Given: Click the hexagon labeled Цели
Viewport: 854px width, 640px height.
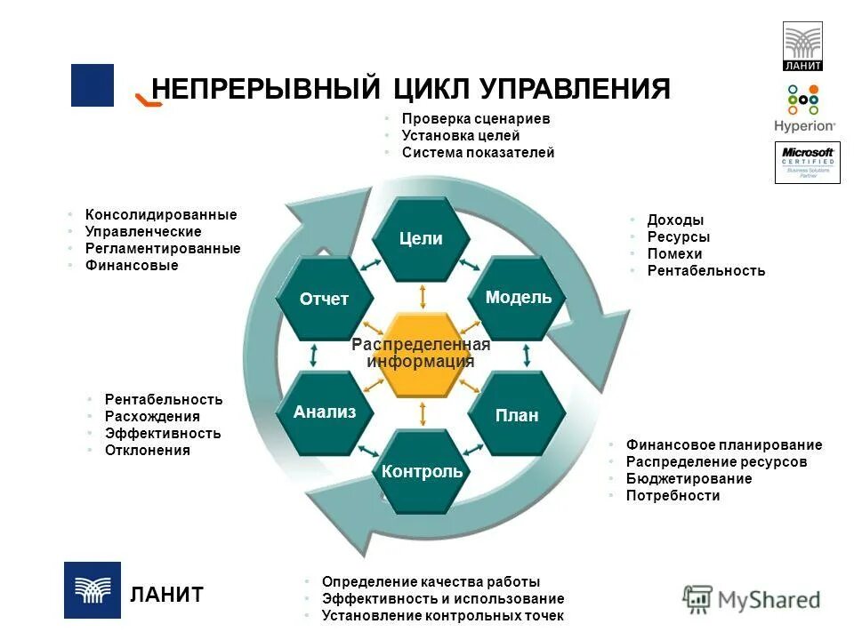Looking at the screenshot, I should pos(421,238).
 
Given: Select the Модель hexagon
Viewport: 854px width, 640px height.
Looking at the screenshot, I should pos(519,298).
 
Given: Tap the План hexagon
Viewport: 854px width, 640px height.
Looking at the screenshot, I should pos(517,414).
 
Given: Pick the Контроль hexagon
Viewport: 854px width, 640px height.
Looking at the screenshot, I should pos(422,471).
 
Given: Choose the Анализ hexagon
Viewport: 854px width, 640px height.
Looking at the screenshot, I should pos(325,412).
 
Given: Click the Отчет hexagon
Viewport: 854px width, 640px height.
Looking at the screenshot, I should pos(324,299).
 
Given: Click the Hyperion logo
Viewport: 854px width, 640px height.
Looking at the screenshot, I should pos(804,108).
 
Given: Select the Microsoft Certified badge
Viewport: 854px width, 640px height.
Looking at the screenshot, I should pos(807,163).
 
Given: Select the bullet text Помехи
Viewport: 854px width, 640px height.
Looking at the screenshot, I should pos(674,254).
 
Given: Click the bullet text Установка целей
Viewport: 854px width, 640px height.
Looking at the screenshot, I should pos(460,136).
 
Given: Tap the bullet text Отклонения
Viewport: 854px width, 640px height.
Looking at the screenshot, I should pos(147,451).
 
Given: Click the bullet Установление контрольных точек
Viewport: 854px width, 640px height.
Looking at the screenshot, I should pos(442,615).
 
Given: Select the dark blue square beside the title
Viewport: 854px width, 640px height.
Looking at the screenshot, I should pos(93,85).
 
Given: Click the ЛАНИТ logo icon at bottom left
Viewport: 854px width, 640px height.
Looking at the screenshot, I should pos(92,590).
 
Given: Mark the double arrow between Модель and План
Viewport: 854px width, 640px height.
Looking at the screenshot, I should pos(528,356).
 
